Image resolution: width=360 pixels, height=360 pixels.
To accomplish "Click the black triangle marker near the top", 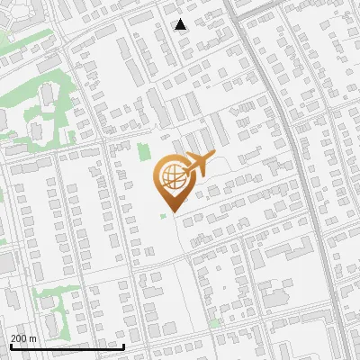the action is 181,24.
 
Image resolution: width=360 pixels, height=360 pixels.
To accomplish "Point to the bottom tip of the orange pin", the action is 169,211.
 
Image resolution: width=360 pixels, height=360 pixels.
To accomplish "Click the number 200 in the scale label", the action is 18,338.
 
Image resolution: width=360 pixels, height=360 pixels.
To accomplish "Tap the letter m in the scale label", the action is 32,338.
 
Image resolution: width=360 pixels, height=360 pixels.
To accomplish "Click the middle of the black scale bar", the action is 67,346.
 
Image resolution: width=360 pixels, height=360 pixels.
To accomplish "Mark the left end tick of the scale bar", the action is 11,345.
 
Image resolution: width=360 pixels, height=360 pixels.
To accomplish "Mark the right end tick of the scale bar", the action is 124,345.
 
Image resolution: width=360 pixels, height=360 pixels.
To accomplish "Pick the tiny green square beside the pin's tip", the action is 163,216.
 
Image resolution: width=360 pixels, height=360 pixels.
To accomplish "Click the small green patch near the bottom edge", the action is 214,321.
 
